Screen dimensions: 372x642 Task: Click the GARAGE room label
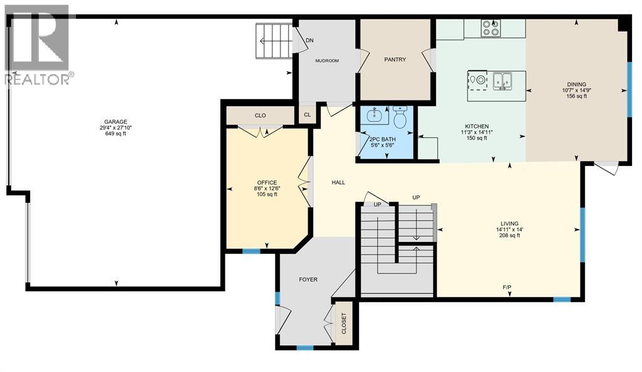115,121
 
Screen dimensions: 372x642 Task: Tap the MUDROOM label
326,61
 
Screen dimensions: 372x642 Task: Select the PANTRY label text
395,60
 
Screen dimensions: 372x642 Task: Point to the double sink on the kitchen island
502,80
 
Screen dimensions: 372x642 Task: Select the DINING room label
575,84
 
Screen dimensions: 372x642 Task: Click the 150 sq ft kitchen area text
476,138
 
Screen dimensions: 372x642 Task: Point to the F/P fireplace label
507,287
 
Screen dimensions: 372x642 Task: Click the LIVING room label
509,223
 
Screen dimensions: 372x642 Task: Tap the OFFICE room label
267,183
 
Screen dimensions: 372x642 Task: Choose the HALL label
338,182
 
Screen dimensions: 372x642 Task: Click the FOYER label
308,279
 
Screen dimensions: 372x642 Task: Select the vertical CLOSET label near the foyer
343,324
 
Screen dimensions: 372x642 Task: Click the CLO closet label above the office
260,116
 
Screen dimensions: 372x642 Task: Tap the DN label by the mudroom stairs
309,41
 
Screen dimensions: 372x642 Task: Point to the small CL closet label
307,115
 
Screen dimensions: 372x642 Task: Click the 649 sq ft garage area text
115,133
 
